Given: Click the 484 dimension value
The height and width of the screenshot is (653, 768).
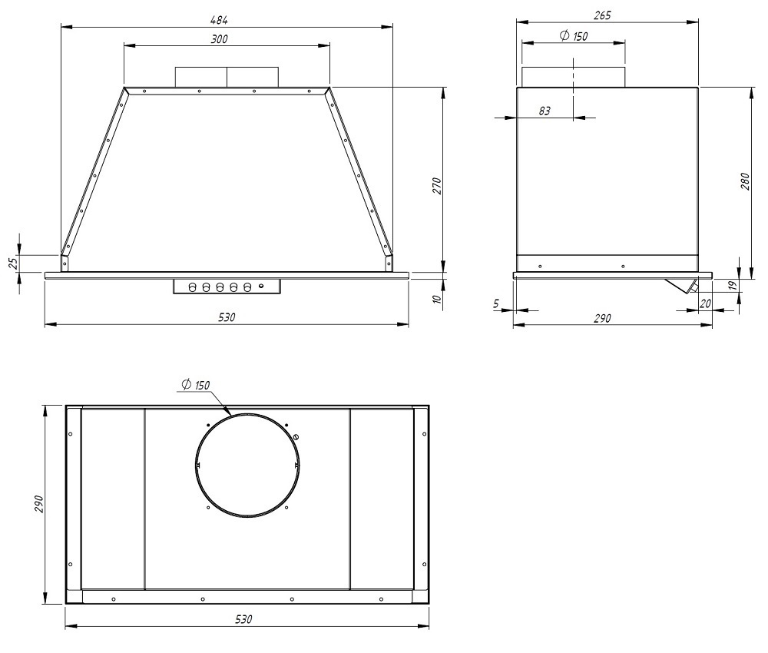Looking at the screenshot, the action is pos(219,20).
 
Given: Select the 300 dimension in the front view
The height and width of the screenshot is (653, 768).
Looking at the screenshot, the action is pos(220,38).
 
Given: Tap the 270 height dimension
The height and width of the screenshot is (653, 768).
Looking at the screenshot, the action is pos(437,187).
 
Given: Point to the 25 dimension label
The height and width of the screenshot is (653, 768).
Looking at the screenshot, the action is pos(14,263).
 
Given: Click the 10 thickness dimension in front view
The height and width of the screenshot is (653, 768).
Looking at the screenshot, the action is pos(438,298).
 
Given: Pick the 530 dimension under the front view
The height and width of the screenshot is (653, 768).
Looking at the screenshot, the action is pos(227,317).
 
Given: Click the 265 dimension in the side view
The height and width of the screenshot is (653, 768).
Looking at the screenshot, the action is pos(602,15).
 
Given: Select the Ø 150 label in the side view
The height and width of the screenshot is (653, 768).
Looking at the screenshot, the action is pos(574,36).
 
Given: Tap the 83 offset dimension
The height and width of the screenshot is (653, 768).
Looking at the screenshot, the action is pos(545,111).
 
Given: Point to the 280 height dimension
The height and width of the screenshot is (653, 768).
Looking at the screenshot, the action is pos(744,181).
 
